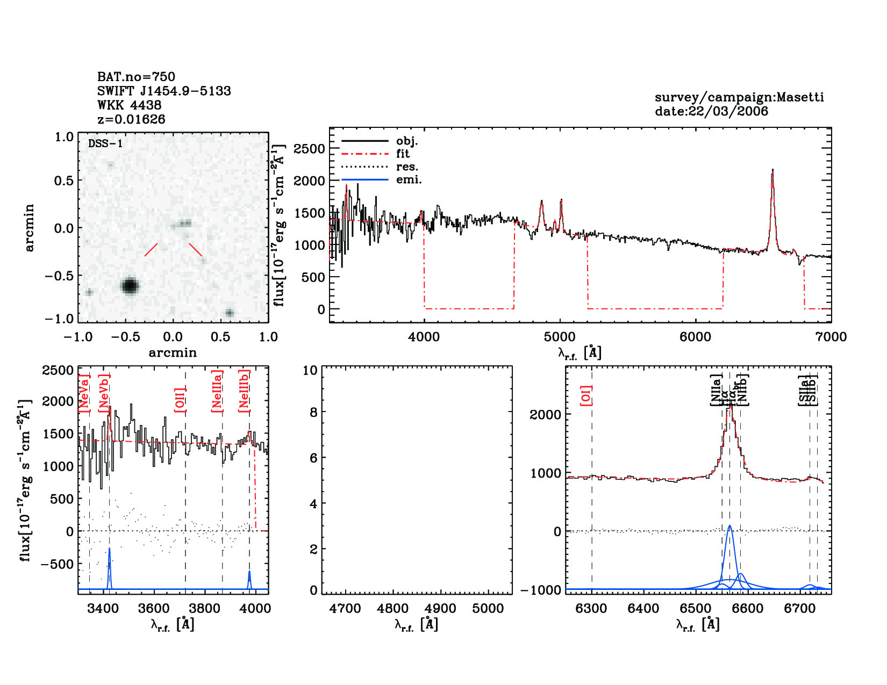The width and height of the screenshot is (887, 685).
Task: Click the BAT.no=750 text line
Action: [x=136, y=77]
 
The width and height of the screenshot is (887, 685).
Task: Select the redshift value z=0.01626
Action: [x=131, y=119]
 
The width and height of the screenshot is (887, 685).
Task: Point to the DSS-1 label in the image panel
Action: [x=105, y=143]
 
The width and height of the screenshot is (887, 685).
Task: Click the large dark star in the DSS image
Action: [x=130, y=285]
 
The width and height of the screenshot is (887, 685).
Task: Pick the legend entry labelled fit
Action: [x=403, y=154]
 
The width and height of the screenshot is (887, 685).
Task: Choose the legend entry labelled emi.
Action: [x=409, y=180]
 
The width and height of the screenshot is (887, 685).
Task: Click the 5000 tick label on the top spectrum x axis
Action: [x=560, y=337]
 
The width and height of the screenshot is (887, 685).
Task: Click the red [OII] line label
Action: [x=180, y=400]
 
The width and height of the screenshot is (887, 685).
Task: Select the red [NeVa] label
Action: [x=84, y=393]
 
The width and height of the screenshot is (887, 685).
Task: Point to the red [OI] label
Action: [x=586, y=395]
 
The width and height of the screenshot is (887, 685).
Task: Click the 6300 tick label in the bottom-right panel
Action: [x=591, y=609]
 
